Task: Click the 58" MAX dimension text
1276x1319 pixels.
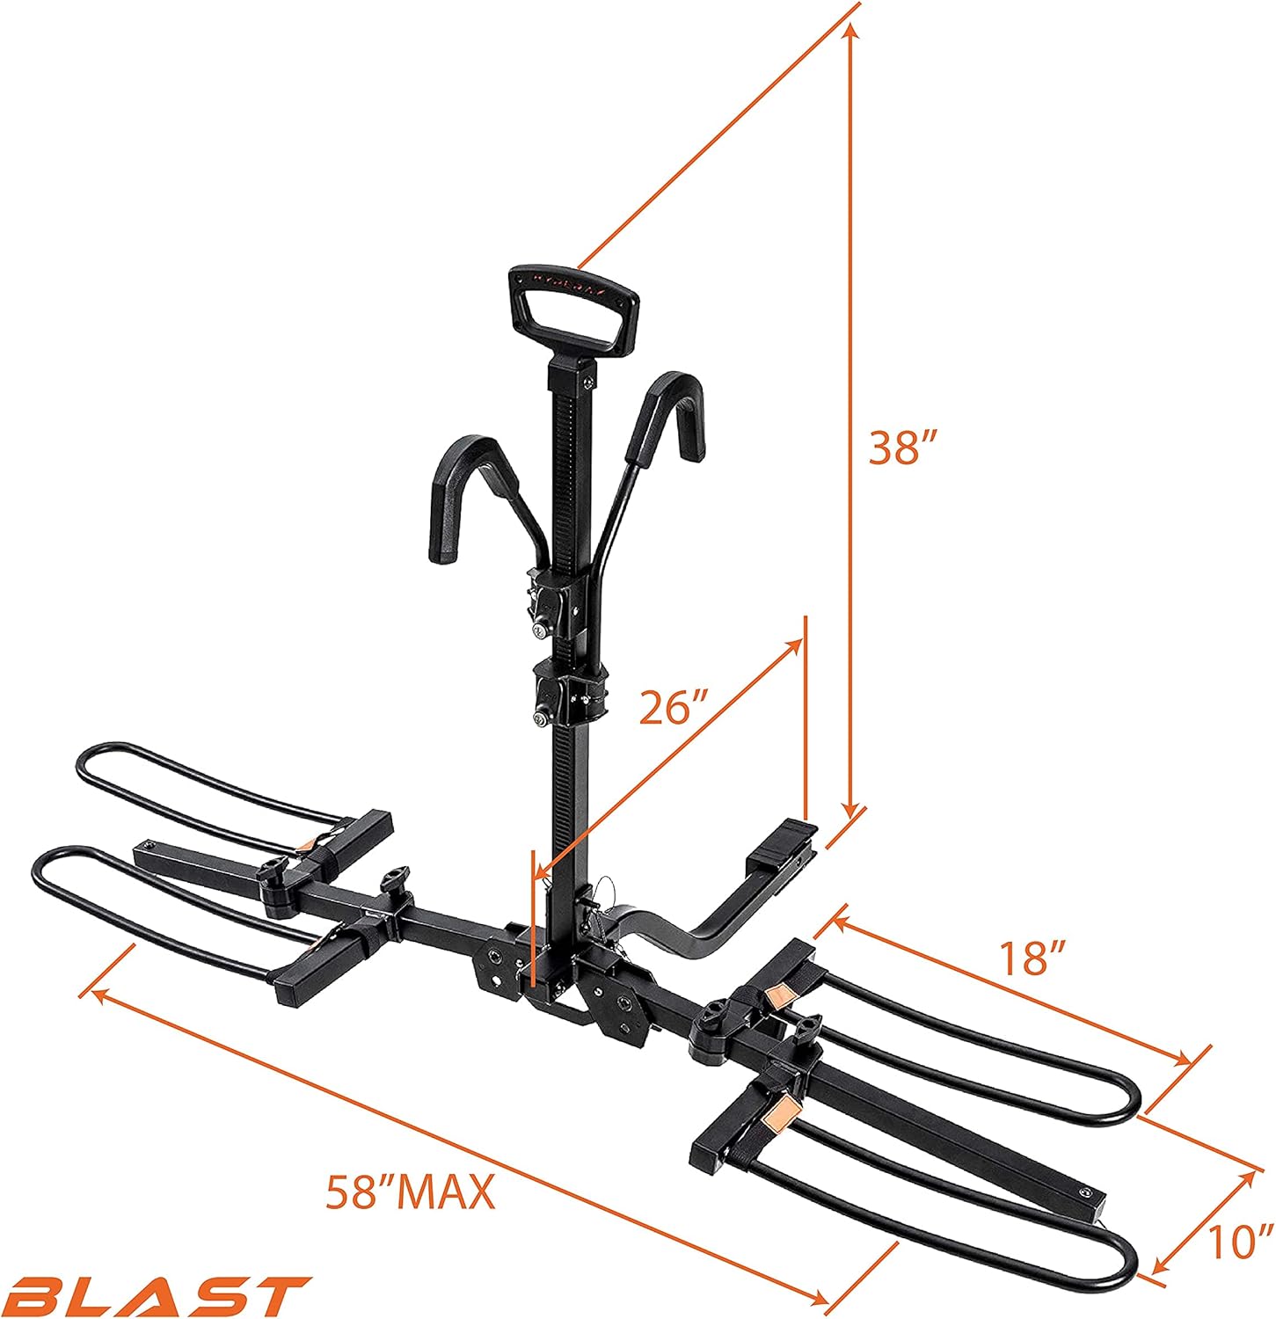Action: (x=410, y=1193)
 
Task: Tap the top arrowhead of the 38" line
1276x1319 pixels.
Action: (x=849, y=29)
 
